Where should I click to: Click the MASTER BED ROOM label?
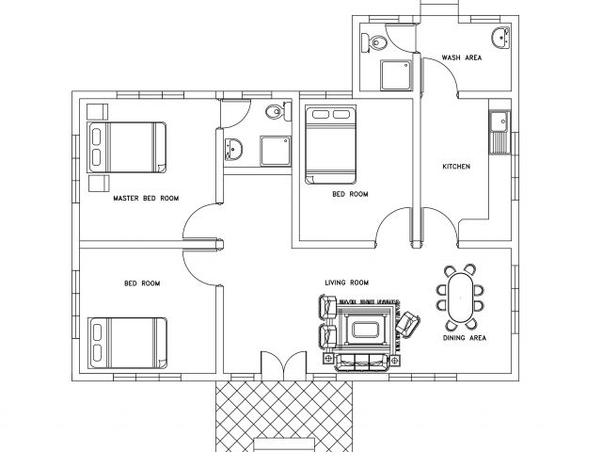(146, 199)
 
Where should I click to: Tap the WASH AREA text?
(462, 57)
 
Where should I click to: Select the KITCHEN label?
(456, 167)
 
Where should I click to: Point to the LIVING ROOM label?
(347, 282)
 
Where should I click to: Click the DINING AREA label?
(465, 338)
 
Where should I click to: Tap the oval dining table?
(460, 298)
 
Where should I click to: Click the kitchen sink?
(499, 133)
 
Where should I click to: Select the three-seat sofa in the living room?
(361, 362)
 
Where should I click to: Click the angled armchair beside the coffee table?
(407, 325)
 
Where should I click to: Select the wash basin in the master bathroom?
(233, 149)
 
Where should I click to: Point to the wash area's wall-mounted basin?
(501, 38)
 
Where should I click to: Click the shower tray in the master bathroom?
(276, 151)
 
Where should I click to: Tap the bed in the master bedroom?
(127, 148)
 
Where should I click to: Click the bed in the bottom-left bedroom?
(128, 343)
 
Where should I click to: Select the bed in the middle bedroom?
(330, 144)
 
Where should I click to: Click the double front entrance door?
(284, 365)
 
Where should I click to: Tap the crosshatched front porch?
(284, 416)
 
